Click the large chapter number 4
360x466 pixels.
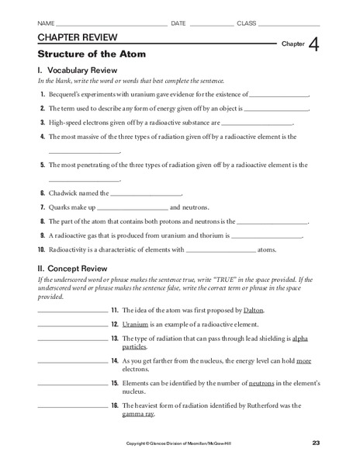314,46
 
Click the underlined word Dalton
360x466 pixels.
253,310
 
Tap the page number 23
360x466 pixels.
316,443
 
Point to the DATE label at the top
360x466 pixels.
178,23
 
